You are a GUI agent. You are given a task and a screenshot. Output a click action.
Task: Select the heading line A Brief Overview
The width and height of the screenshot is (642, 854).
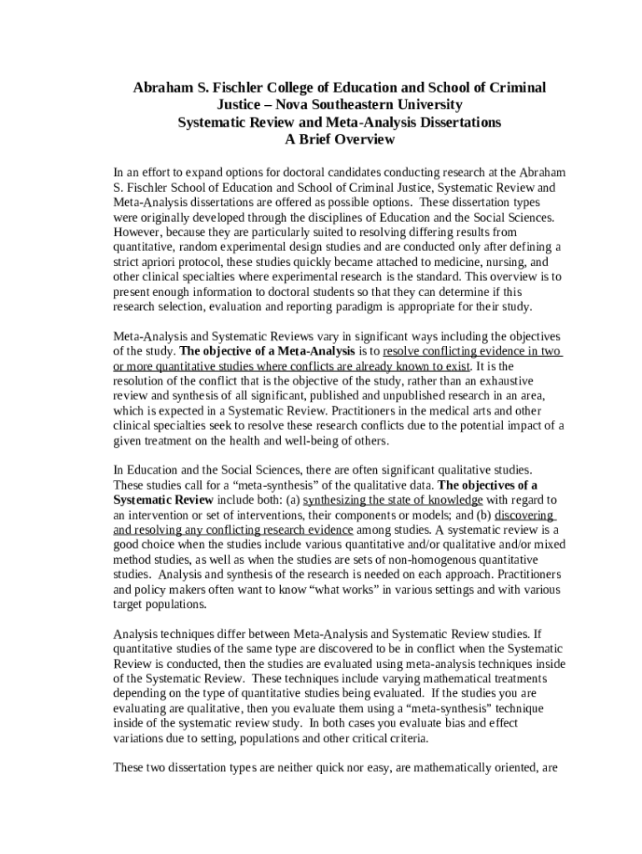[339, 140]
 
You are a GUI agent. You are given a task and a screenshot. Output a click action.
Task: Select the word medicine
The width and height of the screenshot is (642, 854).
[447, 261]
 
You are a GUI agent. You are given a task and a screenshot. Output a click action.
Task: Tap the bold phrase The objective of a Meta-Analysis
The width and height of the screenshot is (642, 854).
[268, 352]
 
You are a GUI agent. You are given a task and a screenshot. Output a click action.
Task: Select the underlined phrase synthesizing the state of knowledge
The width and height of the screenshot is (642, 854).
[393, 500]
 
